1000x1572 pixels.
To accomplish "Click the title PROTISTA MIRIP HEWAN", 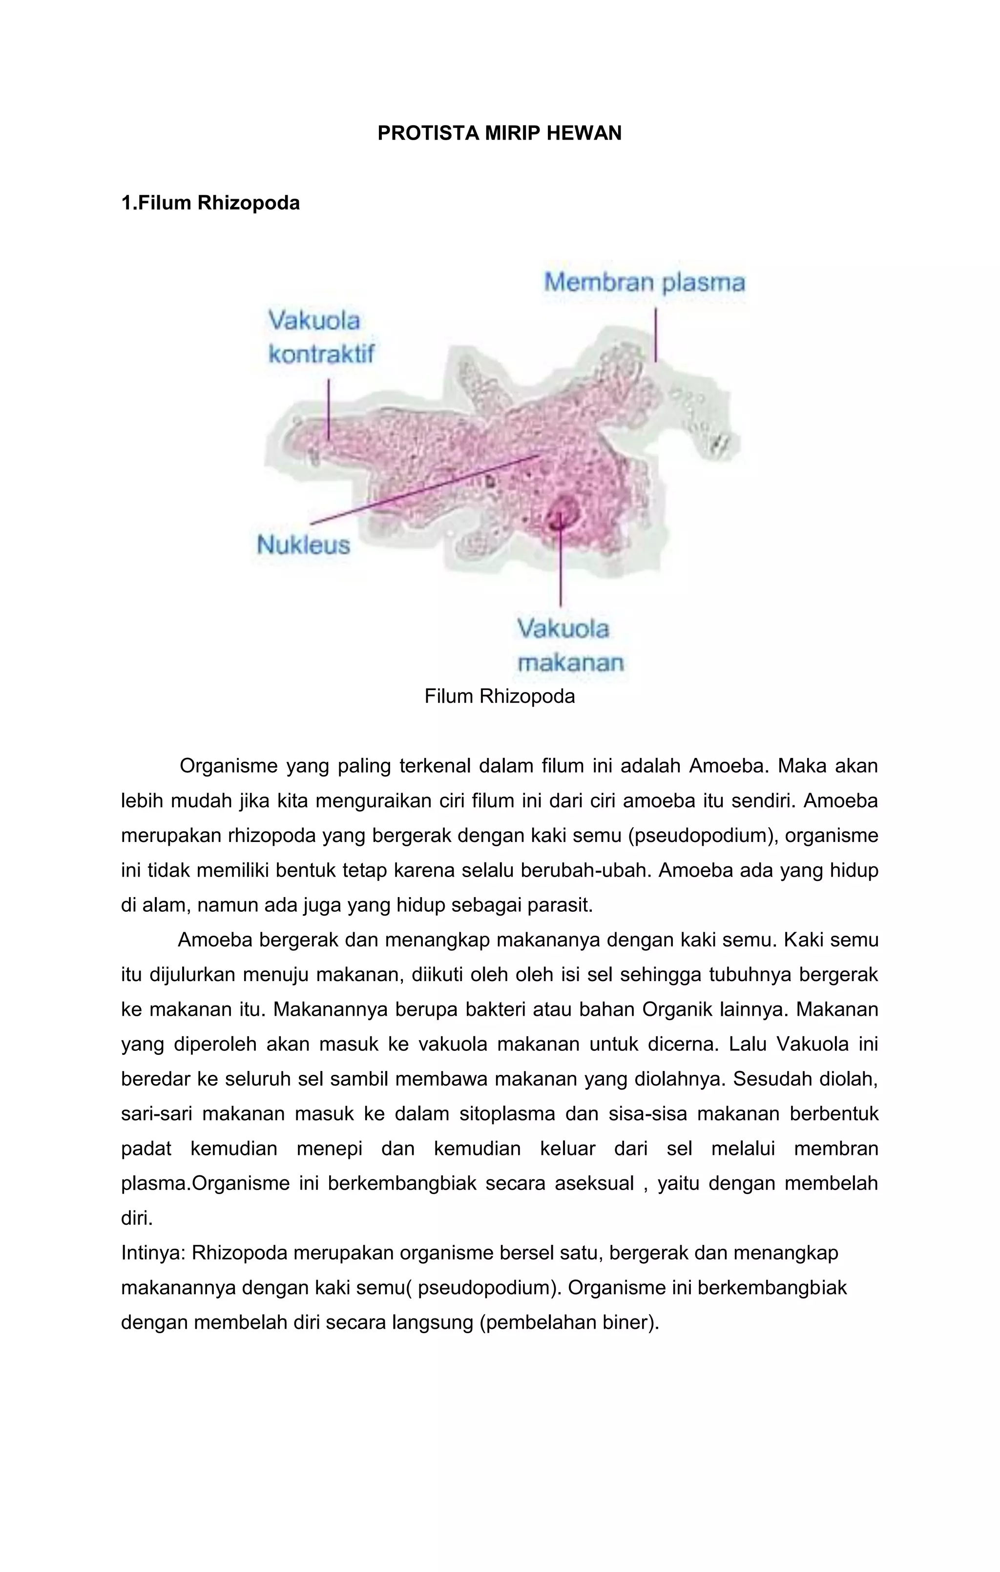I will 500,133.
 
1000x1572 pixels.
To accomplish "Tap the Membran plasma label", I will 644,283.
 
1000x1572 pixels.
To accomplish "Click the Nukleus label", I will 304,545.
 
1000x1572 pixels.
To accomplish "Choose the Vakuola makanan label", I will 569,646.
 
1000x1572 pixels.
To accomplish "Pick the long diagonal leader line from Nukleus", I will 424,490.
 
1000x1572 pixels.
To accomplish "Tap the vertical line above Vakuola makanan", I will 560,568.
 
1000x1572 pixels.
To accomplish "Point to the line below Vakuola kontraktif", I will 328,408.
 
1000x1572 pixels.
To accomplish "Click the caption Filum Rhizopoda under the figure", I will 500,696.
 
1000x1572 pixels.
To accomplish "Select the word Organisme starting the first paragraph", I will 228,766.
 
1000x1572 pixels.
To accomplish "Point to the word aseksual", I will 594,1184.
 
